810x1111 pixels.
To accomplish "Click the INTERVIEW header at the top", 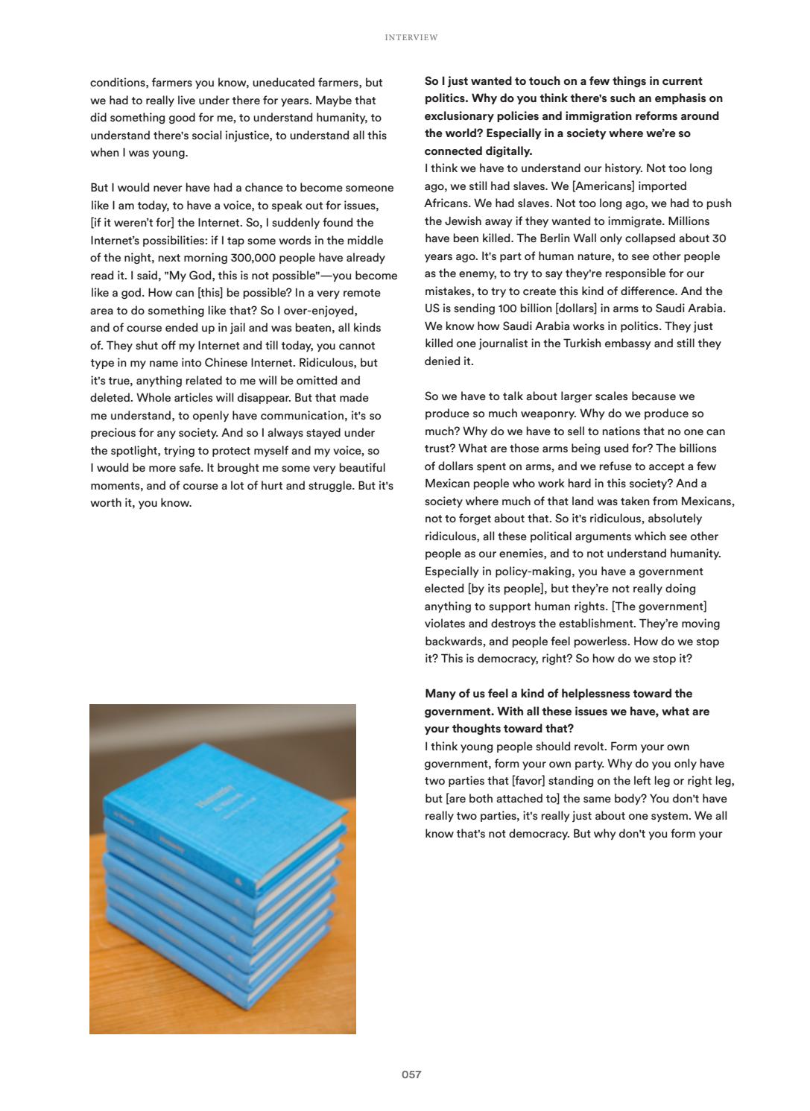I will click(411, 37).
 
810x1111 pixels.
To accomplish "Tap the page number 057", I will click(411, 1074).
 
